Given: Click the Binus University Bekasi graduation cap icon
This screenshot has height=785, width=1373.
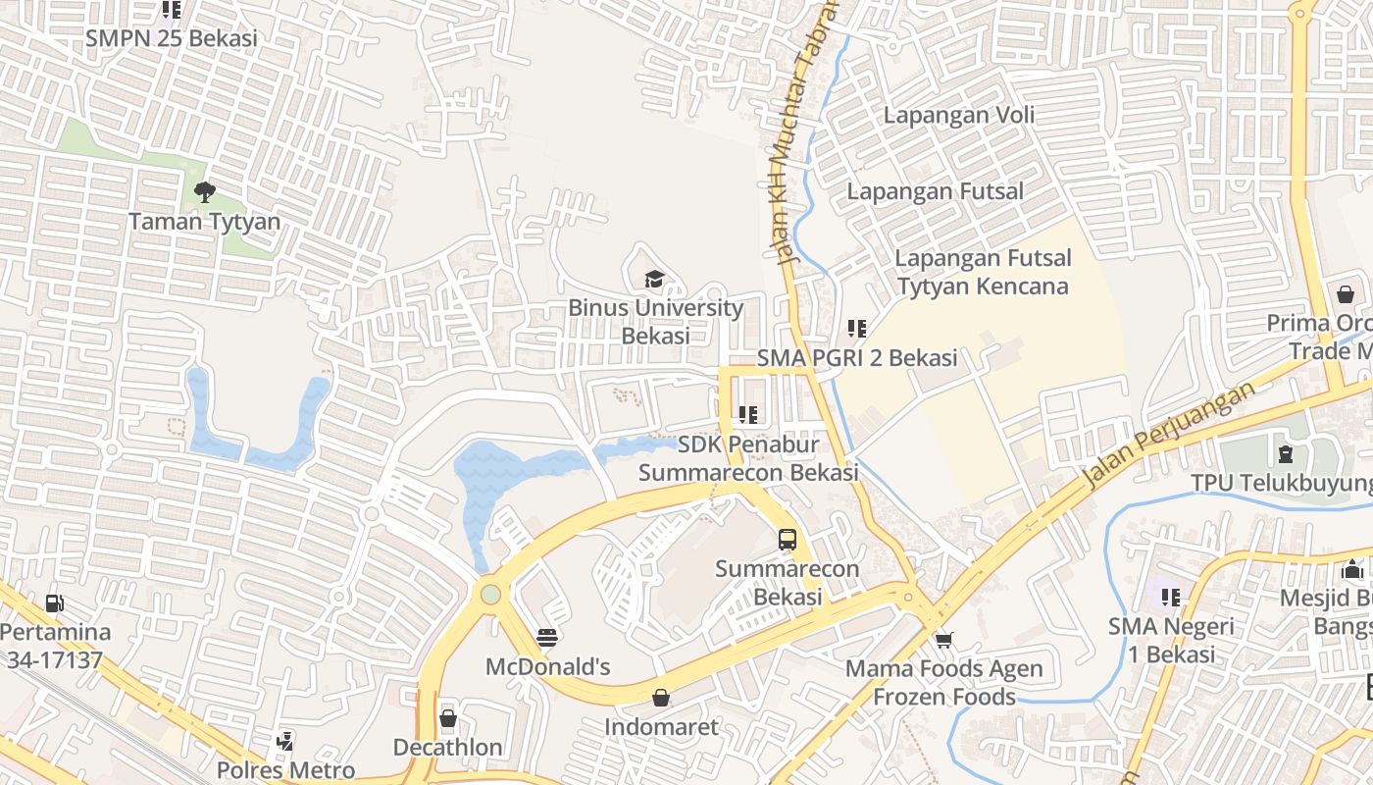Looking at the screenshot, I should pyautogui.click(x=654, y=280).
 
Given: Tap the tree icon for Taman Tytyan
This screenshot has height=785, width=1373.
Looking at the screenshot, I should pyautogui.click(x=204, y=192).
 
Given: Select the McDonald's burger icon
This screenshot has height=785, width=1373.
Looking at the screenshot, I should pyautogui.click(x=547, y=638).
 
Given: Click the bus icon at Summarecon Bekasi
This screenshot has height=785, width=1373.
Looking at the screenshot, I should pyautogui.click(x=788, y=539).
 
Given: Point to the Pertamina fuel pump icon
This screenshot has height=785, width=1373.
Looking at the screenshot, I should pyautogui.click(x=55, y=603).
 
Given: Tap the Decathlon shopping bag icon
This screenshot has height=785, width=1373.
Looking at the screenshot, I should pyautogui.click(x=448, y=718).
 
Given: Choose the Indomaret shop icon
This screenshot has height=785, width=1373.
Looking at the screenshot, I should pyautogui.click(x=661, y=698).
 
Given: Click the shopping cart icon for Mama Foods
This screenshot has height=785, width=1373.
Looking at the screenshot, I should pyautogui.click(x=943, y=640).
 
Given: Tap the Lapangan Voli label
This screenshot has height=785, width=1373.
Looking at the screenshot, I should pyautogui.click(x=958, y=115).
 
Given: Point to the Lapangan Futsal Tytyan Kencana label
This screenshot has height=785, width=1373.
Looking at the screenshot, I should pyautogui.click(x=983, y=272).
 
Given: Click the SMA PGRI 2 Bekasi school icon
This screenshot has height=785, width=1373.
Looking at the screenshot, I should pyautogui.click(x=857, y=329).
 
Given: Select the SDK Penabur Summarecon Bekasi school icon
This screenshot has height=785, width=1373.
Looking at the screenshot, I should pyautogui.click(x=748, y=415).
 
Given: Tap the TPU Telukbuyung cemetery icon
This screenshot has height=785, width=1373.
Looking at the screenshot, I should pyautogui.click(x=1285, y=453).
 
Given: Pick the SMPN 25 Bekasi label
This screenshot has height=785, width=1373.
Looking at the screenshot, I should pyautogui.click(x=171, y=38).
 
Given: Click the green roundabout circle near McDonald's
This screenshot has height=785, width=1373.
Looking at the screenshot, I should pyautogui.click(x=490, y=594).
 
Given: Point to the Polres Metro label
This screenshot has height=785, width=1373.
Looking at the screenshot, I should pyautogui.click(x=285, y=770).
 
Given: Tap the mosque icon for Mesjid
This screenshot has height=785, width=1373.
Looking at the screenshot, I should pyautogui.click(x=1352, y=569).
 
